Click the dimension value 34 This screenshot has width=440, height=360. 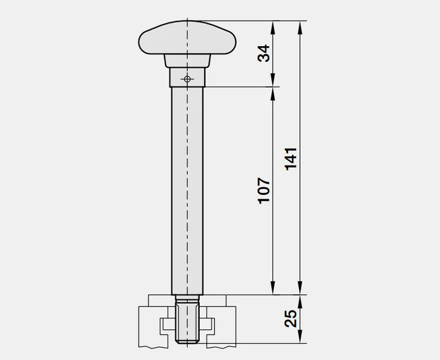coord(265,53)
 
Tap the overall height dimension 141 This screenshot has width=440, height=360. coord(291,158)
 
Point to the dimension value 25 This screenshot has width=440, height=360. coord(291,319)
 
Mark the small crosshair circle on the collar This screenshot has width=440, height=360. coord(187,79)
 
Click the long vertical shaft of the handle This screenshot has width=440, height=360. coord(187,187)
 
